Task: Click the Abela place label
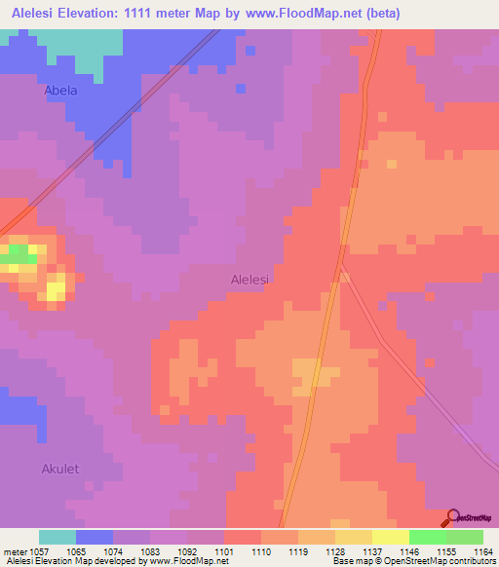point(60,91)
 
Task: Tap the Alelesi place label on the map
point(249,279)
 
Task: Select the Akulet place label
point(59,469)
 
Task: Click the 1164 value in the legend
point(483,550)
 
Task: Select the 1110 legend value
point(260,550)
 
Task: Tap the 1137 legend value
point(371,550)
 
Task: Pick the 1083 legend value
point(149,550)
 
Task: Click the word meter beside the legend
point(12,550)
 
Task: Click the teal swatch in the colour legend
point(58,537)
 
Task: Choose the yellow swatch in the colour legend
point(390,537)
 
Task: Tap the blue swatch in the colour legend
point(95,537)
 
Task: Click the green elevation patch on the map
point(17,255)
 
